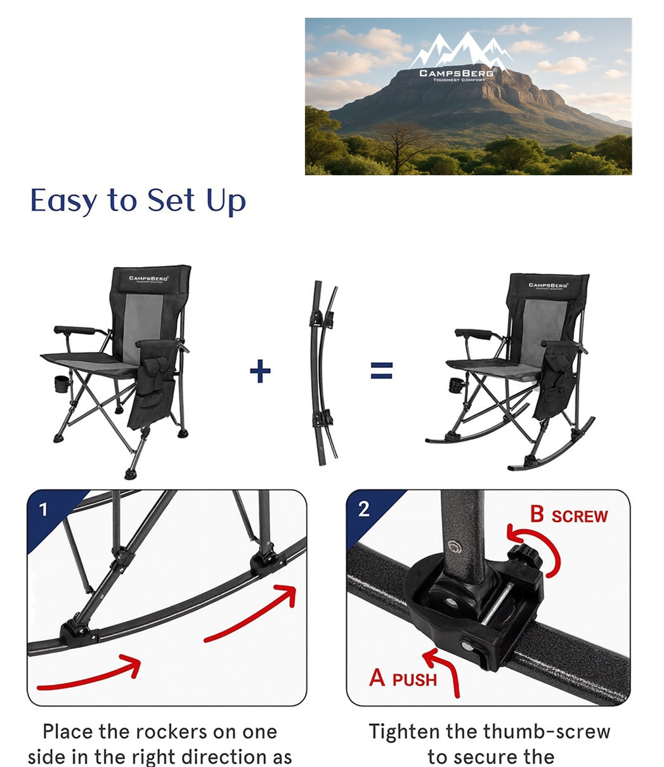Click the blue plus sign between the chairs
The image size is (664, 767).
(260, 371)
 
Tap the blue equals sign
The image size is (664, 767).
(381, 371)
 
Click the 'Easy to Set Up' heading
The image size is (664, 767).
(138, 201)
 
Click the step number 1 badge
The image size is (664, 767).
(43, 509)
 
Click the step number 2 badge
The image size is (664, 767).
(363, 509)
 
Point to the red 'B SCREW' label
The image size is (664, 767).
(569, 515)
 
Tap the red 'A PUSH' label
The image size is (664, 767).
(403, 679)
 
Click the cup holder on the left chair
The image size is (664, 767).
(62, 384)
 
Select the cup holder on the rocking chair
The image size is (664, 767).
(455, 385)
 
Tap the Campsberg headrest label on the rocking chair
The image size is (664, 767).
(548, 285)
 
